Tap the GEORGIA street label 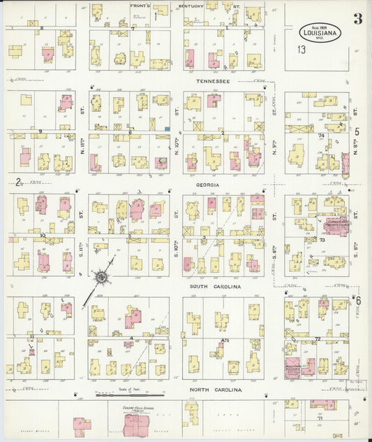(207, 185)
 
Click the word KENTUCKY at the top (191, 6)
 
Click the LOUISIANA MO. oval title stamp (322, 32)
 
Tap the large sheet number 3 (357, 19)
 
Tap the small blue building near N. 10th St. (168, 129)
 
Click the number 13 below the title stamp (301, 50)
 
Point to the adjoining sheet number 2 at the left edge (15, 183)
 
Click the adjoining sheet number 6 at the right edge (358, 300)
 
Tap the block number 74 (321, 136)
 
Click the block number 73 (322, 240)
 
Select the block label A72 (225, 340)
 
